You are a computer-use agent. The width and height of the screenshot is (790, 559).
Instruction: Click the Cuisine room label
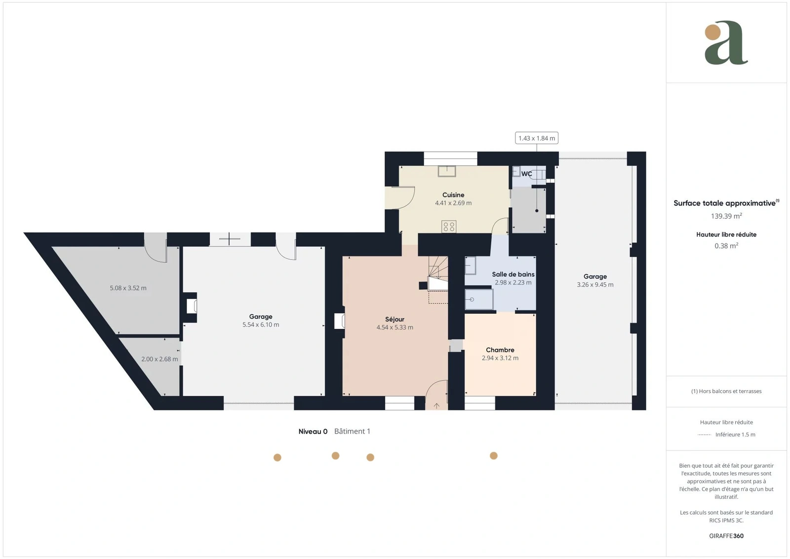(453, 195)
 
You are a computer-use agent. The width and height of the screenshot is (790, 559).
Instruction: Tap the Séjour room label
(395, 319)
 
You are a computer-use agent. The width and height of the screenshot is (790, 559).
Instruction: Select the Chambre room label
(500, 350)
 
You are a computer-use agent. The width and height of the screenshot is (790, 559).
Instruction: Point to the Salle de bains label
(513, 275)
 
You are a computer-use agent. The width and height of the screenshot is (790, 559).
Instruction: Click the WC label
(526, 174)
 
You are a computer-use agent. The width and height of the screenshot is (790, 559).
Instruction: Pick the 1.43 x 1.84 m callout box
(537, 138)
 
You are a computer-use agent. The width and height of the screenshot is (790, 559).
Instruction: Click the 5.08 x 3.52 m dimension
(128, 288)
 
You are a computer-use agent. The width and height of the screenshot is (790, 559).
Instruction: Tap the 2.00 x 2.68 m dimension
(159, 359)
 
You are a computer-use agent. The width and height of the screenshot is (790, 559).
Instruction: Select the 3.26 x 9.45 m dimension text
(595, 284)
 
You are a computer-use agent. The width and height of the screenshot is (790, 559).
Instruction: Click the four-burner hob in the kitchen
(449, 227)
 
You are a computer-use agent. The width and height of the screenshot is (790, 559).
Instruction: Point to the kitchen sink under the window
(447, 171)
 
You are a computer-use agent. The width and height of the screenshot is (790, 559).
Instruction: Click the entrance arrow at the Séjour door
(436, 406)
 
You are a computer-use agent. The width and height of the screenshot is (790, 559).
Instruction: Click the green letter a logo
(726, 42)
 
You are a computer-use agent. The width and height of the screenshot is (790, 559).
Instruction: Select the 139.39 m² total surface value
(726, 216)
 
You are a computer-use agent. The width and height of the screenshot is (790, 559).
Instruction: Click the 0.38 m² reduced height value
(726, 246)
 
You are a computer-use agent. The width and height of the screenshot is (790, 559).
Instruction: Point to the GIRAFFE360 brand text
(726, 536)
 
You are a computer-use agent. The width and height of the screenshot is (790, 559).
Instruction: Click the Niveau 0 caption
(313, 431)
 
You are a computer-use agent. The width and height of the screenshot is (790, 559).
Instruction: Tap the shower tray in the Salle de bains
(479, 299)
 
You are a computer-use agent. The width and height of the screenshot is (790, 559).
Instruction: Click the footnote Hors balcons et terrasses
(726, 391)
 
